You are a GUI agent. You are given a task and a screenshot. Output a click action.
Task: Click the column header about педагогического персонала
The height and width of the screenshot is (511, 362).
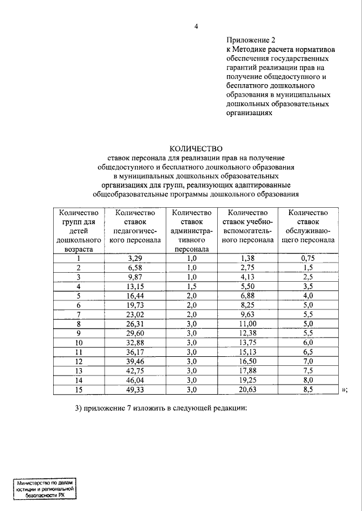[x=135, y=226]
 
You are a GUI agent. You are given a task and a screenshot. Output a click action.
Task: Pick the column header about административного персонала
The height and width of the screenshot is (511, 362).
[x=192, y=230]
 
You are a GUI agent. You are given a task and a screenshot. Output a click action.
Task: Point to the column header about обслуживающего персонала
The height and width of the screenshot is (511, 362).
[x=308, y=226]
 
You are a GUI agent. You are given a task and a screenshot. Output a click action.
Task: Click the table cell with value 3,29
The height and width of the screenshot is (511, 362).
[x=135, y=259]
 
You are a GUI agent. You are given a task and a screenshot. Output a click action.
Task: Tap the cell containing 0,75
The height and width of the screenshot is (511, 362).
[x=308, y=259]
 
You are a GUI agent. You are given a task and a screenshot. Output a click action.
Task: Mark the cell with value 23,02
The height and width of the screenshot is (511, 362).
[x=135, y=314]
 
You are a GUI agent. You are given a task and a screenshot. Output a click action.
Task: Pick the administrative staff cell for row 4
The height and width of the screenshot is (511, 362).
[x=192, y=286]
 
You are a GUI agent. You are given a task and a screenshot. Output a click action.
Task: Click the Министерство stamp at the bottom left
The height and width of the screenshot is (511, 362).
[x=45, y=488]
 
